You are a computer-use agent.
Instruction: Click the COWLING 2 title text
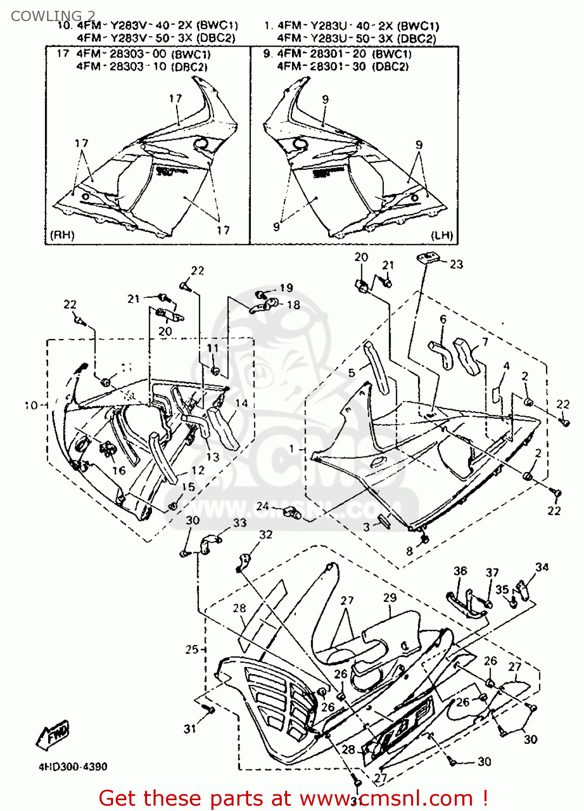point(52,16)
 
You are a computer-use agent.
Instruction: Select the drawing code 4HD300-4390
point(72,767)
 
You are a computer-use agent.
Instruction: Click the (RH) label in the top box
point(62,235)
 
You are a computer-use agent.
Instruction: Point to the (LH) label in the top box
point(442,235)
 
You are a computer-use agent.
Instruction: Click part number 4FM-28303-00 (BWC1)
point(143,54)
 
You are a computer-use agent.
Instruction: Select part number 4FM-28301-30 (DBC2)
point(343,67)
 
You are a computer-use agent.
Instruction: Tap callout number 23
point(456,264)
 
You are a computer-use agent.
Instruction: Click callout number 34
point(542,567)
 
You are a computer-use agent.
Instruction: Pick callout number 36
point(460,571)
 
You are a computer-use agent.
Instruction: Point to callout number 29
point(390,597)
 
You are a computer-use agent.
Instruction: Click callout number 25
point(192,649)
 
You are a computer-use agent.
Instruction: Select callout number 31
point(190,729)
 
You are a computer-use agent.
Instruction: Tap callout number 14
point(242,403)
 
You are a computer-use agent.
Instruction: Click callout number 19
point(286,288)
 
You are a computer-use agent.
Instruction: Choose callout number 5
point(351,373)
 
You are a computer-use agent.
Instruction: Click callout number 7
point(485,342)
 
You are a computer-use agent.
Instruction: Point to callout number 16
point(119,470)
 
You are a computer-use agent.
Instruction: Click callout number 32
point(266,535)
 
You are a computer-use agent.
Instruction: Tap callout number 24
point(262,506)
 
